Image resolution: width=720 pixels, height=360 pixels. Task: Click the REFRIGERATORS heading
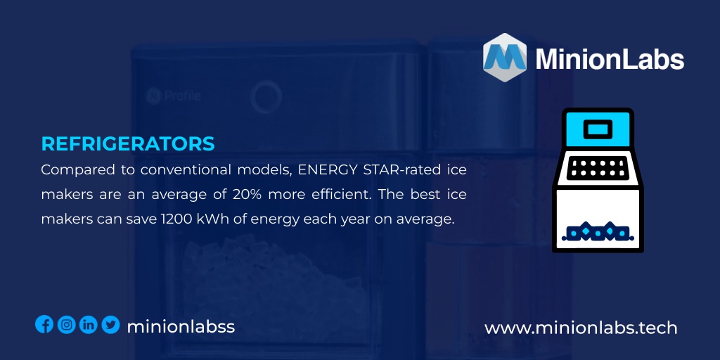click(128, 143)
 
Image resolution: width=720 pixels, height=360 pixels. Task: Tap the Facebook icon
click(44, 324)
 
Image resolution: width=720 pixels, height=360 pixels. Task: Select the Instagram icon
click(67, 324)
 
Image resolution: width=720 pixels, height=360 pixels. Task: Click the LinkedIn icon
click(89, 324)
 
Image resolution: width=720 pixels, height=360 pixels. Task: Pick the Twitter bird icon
click(110, 324)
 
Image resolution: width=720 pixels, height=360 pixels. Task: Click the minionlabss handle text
click(181, 326)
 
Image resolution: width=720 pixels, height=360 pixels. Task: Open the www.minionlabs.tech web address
click(581, 328)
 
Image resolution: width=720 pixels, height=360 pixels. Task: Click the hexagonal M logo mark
click(504, 58)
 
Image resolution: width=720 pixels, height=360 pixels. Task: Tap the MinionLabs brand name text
click(610, 59)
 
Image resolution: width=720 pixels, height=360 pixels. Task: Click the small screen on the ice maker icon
click(597, 129)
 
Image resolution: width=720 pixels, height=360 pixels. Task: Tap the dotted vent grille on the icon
click(597, 167)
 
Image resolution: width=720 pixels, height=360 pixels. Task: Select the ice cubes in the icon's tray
click(597, 231)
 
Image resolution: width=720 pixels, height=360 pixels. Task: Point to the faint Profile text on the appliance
click(181, 96)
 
